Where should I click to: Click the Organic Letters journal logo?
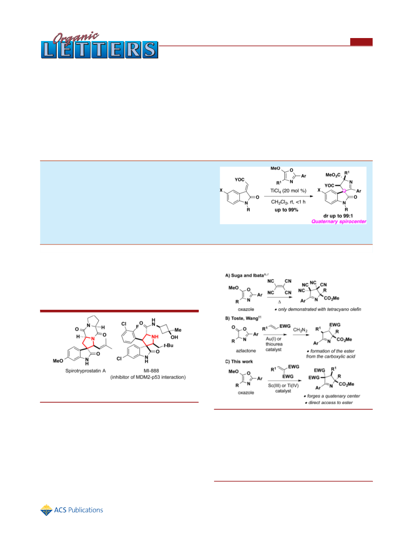(x=99, y=45)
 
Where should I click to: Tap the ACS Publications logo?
(x=72, y=510)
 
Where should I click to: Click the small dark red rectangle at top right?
(x=362, y=41)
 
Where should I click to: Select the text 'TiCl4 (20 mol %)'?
(x=288, y=191)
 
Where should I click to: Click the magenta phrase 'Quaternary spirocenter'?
(x=339, y=221)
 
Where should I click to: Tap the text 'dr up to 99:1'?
(x=338, y=216)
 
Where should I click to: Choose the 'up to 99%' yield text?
(x=286, y=209)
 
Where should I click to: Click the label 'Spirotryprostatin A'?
(x=86, y=371)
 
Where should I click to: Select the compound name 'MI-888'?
(x=151, y=371)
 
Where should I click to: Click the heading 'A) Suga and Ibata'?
(x=244, y=275)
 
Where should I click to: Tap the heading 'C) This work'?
(x=239, y=362)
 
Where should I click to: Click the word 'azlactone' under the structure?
(x=246, y=351)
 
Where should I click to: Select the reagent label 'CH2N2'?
(x=301, y=330)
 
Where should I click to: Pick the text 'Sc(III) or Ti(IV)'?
(x=283, y=385)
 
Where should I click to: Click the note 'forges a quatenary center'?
(x=332, y=396)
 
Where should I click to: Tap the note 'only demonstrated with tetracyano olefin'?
(x=318, y=309)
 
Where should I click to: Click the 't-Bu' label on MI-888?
(x=168, y=345)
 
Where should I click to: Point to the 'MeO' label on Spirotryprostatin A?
(x=58, y=361)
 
